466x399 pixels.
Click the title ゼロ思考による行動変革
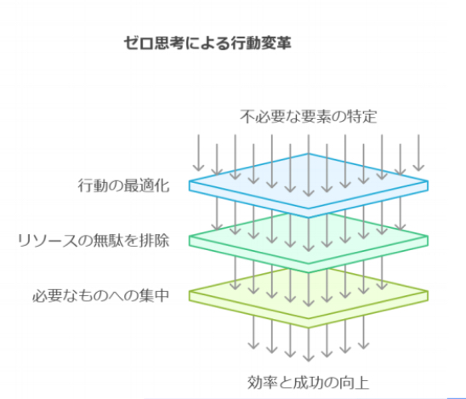tap(207, 43)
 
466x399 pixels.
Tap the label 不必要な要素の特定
tap(308, 117)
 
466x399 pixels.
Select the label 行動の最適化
tap(123, 185)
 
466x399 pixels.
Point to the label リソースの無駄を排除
tap(94, 240)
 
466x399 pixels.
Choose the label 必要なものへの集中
tap(100, 295)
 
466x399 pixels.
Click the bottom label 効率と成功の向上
tap(308, 382)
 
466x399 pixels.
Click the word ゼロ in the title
tap(139, 43)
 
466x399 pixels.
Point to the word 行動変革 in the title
tap(261, 43)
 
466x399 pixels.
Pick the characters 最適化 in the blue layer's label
tap(146, 185)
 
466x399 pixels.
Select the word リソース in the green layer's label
tap(48, 240)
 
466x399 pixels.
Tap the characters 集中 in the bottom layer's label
tap(154, 295)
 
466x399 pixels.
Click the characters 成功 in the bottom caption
tap(308, 382)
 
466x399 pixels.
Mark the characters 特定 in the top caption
tap(361, 117)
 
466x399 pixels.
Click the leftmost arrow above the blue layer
tap(198, 153)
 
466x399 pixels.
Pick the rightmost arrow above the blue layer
tap(418, 153)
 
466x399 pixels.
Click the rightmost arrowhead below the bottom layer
tap(364, 345)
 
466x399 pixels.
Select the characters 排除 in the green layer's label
tap(154, 240)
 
